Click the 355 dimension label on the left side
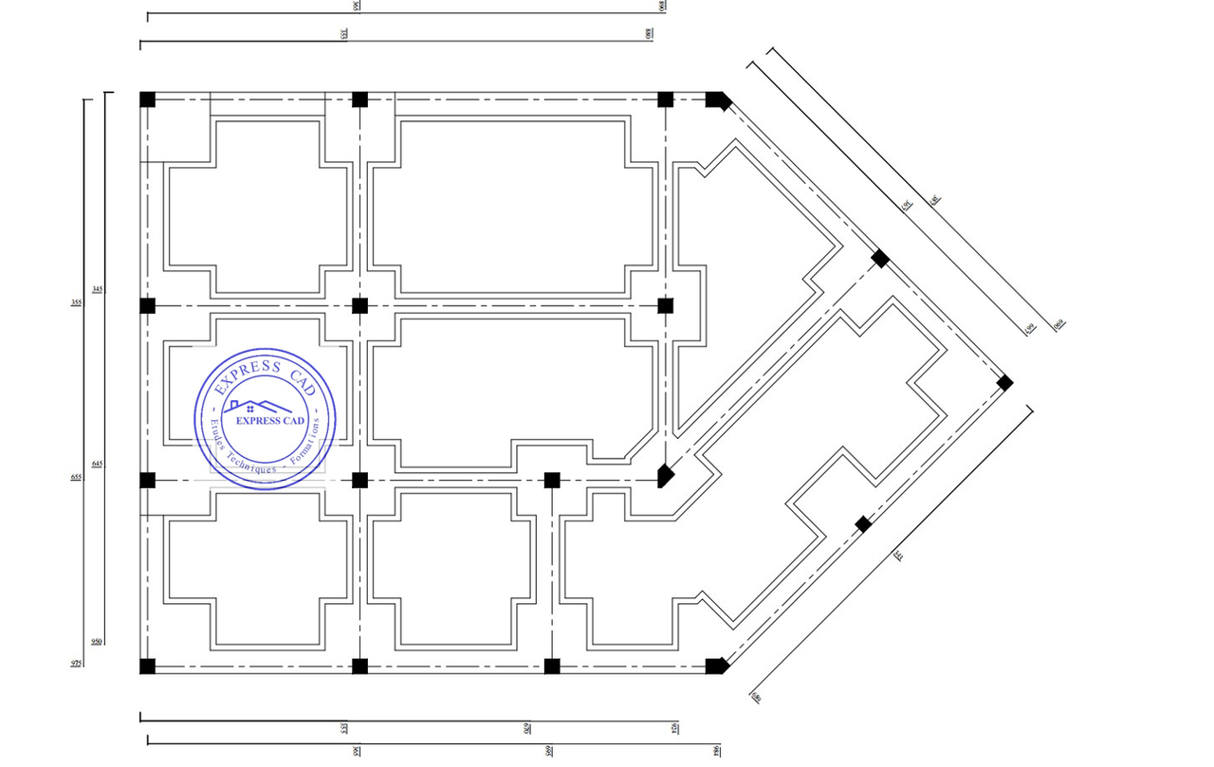[76, 303]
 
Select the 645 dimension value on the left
[97, 464]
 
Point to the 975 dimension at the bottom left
[76, 664]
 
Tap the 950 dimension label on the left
[97, 642]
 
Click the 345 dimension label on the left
[97, 288]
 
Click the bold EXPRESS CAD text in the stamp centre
[269, 421]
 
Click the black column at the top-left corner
[147, 99]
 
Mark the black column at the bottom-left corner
[147, 666]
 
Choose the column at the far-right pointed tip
[1005, 383]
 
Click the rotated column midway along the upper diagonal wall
[880, 258]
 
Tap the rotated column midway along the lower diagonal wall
[863, 524]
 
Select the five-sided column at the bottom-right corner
[717, 666]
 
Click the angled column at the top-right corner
[717, 100]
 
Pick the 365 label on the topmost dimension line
[356, 7]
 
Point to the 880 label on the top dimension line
[650, 32]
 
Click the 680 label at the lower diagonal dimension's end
[757, 699]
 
